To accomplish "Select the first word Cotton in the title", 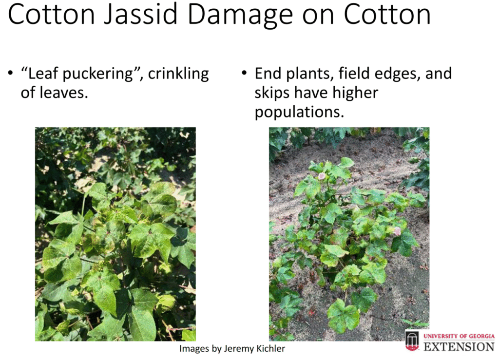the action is point(51,15).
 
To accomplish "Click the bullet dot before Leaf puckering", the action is point(11,74).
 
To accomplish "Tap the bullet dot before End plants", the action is point(245,73).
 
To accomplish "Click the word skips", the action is point(272,94).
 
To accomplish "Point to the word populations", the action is point(299,113).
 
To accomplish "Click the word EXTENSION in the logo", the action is point(459,347).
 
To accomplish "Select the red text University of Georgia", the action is point(459,336).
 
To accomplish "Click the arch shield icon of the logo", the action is point(412,341).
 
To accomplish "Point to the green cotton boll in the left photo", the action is point(166,303).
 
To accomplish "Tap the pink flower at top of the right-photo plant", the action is point(322,176).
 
